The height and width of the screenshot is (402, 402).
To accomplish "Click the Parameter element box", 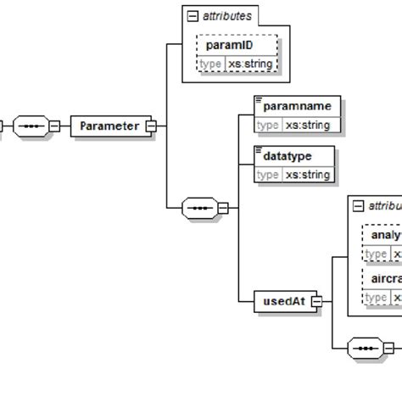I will click(109, 126).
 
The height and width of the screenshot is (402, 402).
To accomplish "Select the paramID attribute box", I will click(237, 45).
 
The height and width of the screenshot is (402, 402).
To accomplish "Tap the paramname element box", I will click(297, 106).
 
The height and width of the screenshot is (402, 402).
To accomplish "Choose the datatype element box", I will click(293, 156).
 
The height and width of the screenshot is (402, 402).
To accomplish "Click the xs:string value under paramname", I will click(307, 126).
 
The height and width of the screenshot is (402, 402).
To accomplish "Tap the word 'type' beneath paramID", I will click(210, 64).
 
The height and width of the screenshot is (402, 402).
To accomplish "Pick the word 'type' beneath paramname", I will click(268, 126).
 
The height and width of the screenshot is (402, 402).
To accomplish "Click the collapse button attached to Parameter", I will click(152, 126).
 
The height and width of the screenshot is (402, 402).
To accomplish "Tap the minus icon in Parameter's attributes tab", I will click(193, 16).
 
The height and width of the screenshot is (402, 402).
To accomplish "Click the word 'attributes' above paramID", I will click(226, 16).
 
